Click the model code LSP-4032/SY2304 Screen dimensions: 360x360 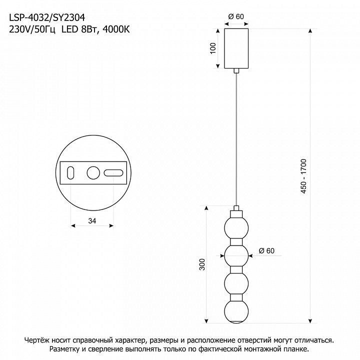tap(47, 17)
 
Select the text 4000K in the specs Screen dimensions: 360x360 tap(116, 29)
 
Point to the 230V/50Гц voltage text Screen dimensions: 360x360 tap(32, 30)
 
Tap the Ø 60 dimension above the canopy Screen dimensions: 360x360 tap(236, 16)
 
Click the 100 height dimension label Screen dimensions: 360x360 tap(213, 48)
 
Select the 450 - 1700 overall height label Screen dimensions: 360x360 tap(303, 176)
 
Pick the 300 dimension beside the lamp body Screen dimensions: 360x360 tap(202, 264)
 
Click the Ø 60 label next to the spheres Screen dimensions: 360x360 tap(266, 250)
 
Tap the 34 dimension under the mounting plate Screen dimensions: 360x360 tap(92, 221)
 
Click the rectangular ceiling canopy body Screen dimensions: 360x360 tap(236, 48)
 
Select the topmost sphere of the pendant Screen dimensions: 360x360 tap(236, 228)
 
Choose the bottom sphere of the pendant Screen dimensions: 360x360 tap(236, 311)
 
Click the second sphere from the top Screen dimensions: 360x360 tap(236, 255)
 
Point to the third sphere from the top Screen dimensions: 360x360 tap(236, 283)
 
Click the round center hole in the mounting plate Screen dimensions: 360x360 tap(93, 173)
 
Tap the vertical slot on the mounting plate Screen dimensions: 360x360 tap(70, 172)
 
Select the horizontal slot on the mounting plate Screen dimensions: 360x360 tap(113, 173)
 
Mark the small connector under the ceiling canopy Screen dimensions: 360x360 tap(236, 70)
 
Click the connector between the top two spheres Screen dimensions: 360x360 tap(236, 242)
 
